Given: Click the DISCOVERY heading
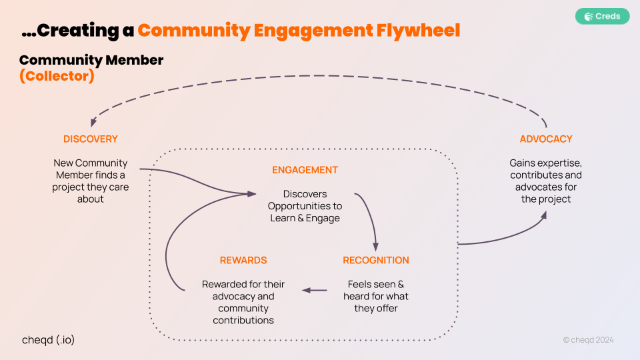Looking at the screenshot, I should point(90,139).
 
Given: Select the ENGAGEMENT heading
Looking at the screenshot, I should point(305,170).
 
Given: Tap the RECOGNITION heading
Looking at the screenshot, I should point(376,260).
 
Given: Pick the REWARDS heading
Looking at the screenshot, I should point(243,260).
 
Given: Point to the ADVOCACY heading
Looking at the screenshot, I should point(546,139).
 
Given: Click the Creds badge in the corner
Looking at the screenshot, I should point(602,16).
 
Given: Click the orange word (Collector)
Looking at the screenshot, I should point(57,76).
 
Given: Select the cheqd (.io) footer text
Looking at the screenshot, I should point(48,339).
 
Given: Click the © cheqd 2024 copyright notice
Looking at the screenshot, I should point(588,340).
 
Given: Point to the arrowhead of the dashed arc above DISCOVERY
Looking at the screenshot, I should point(93,122).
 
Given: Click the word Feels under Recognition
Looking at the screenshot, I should point(360,284).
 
